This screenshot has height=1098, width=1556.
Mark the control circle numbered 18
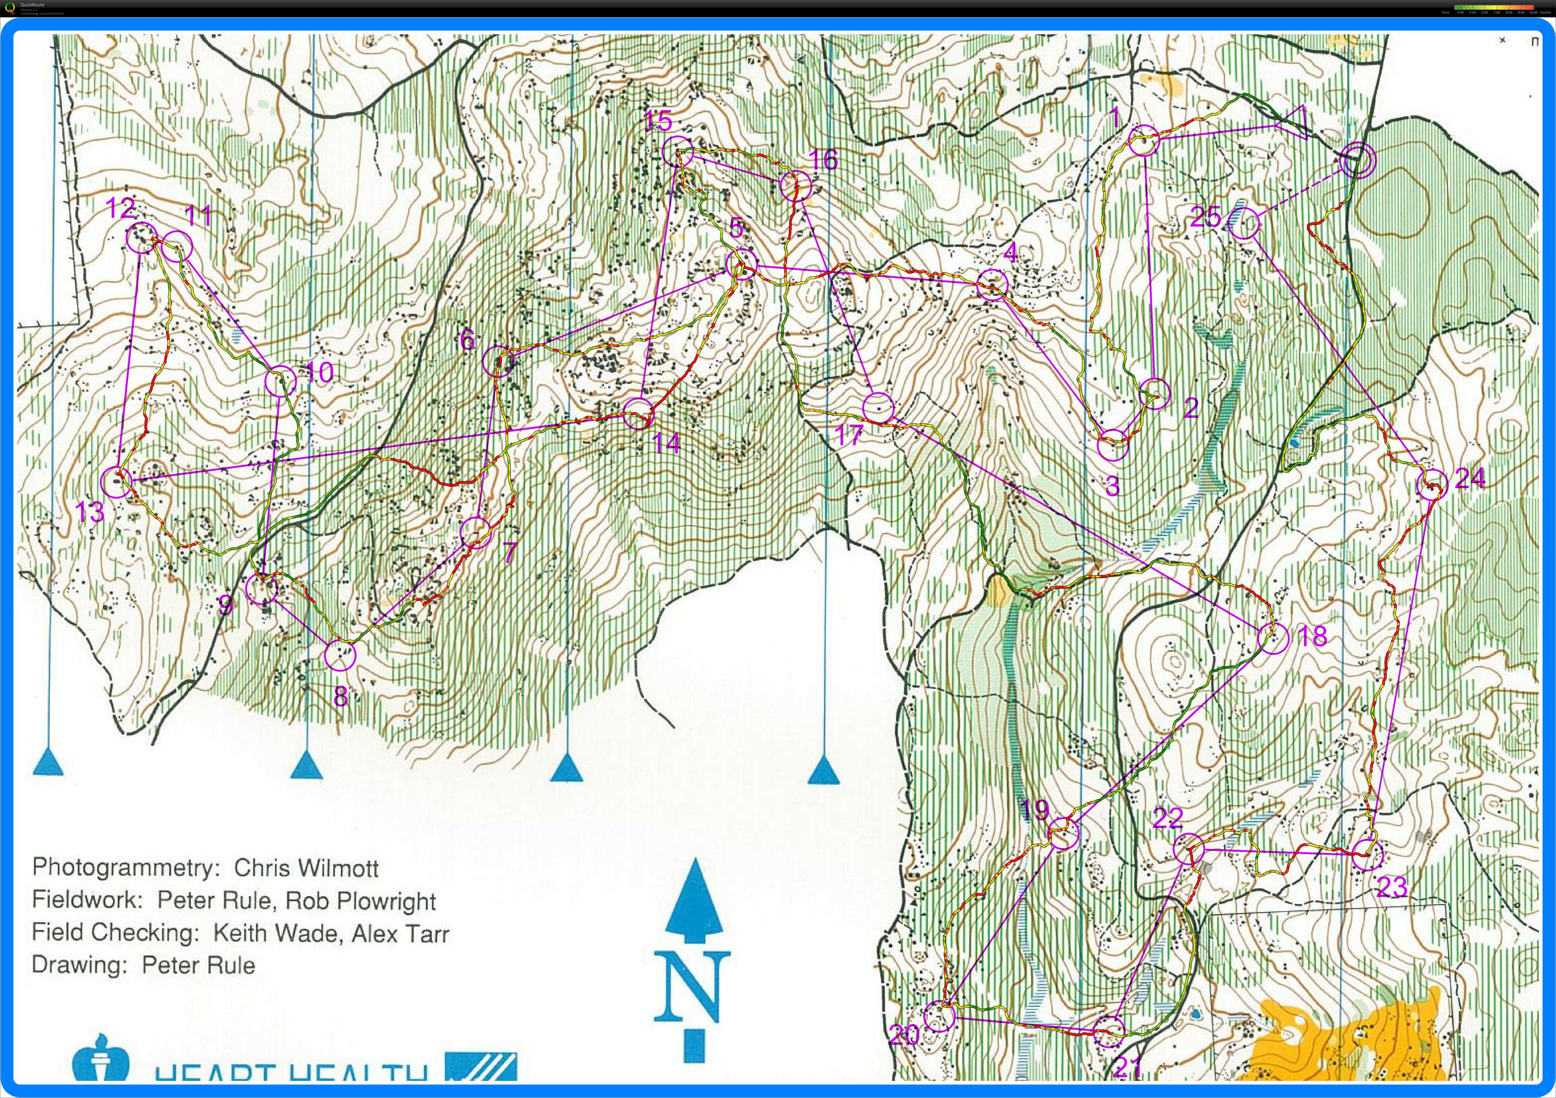[1272, 638]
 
